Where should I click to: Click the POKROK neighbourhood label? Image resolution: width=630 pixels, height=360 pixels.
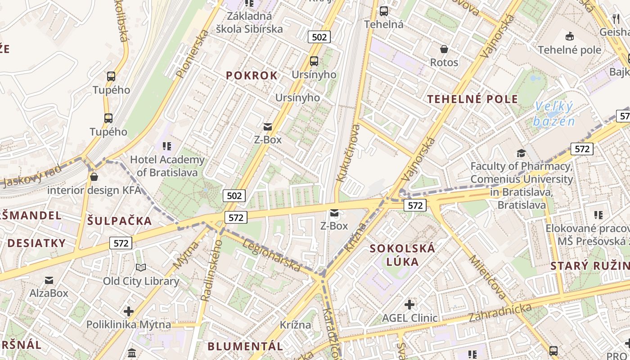[x=252, y=76]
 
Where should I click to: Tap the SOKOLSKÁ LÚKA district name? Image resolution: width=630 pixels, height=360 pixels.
[x=402, y=255]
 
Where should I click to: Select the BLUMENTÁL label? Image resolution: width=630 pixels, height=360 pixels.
[x=245, y=346]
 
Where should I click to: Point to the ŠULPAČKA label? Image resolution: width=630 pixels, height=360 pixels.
[x=119, y=221]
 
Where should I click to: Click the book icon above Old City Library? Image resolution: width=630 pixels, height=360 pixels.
[x=141, y=268]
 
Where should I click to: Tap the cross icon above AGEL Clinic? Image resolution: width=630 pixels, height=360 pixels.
[x=409, y=305]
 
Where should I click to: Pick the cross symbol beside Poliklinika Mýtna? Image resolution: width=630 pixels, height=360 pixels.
[x=129, y=311]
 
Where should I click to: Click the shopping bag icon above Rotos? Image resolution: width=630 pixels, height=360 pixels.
[x=444, y=49]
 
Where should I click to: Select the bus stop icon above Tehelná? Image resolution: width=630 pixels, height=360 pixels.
[x=383, y=11]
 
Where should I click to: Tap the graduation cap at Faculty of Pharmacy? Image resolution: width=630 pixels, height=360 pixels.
[x=521, y=153]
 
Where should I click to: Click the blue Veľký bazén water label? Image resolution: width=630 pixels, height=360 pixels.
[x=553, y=114]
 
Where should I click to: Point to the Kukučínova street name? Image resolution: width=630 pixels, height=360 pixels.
[x=348, y=153]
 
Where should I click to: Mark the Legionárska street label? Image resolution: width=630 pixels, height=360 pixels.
[x=271, y=255]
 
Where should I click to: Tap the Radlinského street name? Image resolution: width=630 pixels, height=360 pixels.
[x=211, y=270]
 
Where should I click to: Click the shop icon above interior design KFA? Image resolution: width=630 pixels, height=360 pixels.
[x=94, y=177]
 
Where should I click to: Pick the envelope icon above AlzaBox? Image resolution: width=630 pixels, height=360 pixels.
[x=49, y=280]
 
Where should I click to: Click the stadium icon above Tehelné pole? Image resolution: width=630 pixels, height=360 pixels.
[x=569, y=36]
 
